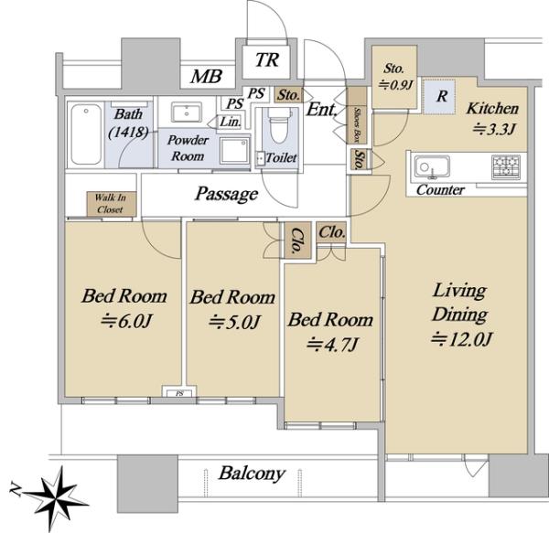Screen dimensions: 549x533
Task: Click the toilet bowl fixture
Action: tap(279, 125)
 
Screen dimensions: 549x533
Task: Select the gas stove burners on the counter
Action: tap(506, 167)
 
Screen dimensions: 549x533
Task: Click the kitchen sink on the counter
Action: tap(432, 167)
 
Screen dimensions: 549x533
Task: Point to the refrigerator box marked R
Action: tap(439, 97)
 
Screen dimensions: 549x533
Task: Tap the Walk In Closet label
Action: tap(111, 204)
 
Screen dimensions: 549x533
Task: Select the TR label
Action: tap(267, 59)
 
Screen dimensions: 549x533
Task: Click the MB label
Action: tap(206, 76)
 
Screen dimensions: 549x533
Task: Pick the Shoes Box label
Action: tap(357, 125)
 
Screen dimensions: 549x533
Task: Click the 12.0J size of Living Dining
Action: tap(462, 339)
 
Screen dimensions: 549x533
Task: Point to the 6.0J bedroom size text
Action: tap(127, 321)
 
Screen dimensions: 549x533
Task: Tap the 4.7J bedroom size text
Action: tap(332, 345)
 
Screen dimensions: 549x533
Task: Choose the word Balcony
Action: tap(252, 474)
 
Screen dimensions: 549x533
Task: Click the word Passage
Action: tap(227, 194)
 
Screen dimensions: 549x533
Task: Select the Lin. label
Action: tap(231, 122)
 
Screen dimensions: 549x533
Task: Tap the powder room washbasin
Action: tap(187, 112)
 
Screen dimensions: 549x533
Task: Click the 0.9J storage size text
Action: tap(395, 85)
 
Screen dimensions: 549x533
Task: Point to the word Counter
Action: tap(440, 190)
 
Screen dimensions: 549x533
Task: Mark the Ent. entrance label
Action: tap(321, 110)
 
